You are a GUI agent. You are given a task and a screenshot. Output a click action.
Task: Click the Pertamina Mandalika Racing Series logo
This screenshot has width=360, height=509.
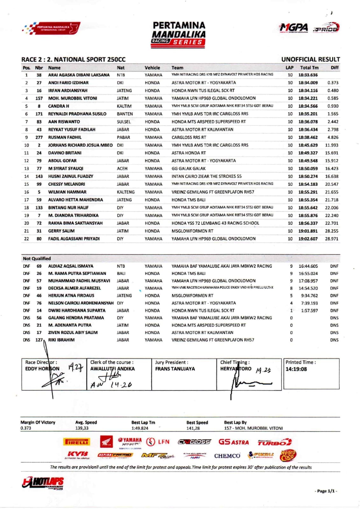(179, 34)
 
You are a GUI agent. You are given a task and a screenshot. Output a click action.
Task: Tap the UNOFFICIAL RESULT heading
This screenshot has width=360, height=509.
(310, 59)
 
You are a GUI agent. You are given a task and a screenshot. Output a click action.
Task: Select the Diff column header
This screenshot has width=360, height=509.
(334, 67)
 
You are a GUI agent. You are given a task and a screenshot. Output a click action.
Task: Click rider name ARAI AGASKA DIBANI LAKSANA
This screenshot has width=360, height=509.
(79, 75)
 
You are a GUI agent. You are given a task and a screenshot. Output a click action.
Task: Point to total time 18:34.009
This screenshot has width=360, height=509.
(308, 83)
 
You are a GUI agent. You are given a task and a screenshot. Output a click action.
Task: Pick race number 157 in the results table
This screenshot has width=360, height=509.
(39, 98)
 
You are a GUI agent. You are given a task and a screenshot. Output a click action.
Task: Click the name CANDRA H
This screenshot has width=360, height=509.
(59, 106)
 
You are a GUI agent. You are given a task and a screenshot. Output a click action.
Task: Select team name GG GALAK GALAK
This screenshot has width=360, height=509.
(188, 168)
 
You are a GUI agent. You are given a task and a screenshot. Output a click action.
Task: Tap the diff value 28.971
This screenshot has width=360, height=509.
(331, 239)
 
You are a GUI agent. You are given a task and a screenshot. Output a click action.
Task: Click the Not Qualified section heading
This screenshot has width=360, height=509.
(37, 258)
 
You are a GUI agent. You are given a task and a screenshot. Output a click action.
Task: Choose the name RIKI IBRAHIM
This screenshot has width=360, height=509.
(61, 340)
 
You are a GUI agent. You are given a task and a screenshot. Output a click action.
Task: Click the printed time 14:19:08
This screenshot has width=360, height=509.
(296, 369)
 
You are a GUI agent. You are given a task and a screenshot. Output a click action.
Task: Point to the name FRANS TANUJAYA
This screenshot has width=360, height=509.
(175, 369)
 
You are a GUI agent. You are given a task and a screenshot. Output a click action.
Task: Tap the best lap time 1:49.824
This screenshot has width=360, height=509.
(140, 428)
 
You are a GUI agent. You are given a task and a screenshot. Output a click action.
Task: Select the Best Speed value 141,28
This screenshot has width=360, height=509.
(193, 428)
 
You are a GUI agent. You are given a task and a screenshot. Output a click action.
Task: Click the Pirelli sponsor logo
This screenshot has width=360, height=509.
(77, 442)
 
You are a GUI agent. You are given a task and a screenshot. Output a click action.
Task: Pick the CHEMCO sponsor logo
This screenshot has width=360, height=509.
(227, 456)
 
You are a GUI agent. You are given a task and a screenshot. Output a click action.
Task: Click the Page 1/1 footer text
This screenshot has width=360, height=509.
(326, 491)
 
